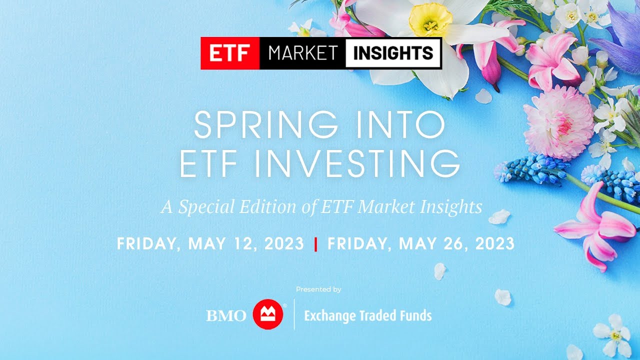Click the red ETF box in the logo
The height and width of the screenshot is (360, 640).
point(230,53)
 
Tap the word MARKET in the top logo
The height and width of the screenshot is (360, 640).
point(302,53)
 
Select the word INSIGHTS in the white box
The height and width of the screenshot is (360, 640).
point(393,53)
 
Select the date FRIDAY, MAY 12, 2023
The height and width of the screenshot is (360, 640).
point(210,243)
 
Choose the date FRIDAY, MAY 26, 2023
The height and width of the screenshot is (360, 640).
point(421,243)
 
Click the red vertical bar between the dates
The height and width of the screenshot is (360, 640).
point(315,244)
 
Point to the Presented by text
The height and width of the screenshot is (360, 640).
point(318,289)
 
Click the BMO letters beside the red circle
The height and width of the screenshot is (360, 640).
point(226,316)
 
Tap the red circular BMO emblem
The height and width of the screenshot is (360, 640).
point(268,314)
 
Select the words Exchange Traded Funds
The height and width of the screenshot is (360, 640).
point(368,316)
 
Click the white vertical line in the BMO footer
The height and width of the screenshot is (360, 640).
point(294,314)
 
